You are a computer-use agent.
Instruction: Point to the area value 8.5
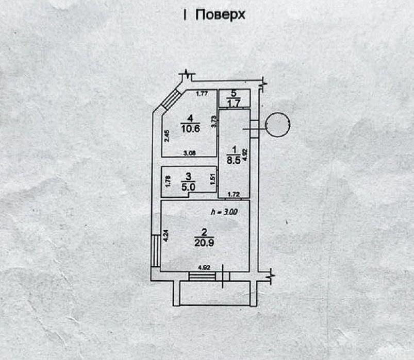coord(234,159)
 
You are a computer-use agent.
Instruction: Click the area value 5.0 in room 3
coord(188,187)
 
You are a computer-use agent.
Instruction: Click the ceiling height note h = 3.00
coord(223,212)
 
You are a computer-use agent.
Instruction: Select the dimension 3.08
coord(190,152)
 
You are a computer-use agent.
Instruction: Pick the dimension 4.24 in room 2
coord(165,236)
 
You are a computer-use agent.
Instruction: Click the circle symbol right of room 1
coord(278,126)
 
